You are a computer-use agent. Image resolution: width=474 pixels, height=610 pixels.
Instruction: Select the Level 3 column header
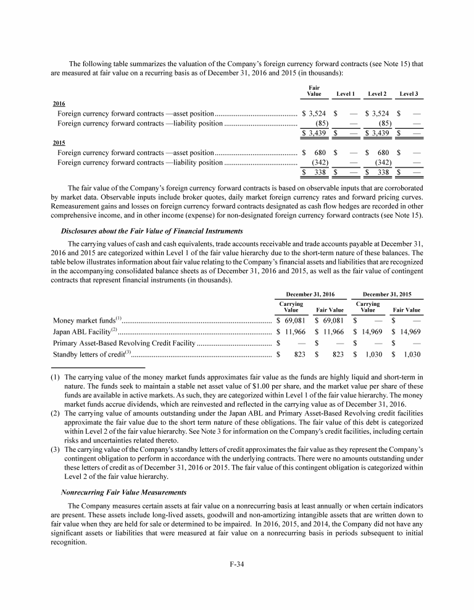click(409, 94)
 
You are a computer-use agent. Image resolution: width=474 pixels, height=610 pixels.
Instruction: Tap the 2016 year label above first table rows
click(59, 103)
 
